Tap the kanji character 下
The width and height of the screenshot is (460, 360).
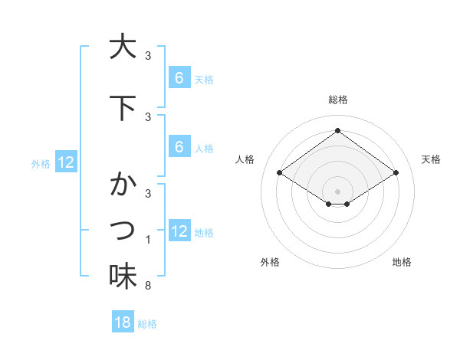pos(123,107)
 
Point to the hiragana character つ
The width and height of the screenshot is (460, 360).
pos(123,230)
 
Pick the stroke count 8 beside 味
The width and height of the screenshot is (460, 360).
pos(148,286)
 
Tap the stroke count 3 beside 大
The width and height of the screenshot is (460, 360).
pos(148,56)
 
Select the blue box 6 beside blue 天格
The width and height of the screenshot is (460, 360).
pos(179,78)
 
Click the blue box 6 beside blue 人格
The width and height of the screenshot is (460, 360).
pos(179,147)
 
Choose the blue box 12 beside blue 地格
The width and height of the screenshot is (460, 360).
pos(179,231)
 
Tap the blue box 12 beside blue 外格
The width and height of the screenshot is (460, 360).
pos(65,162)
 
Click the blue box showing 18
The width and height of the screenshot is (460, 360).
pos(123,322)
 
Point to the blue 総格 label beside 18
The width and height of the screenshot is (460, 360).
pos(147,323)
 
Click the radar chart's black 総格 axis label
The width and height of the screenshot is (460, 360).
pos(337,100)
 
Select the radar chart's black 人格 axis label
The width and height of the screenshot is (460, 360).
pos(245,159)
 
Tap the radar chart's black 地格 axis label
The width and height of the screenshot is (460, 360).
pos(402,263)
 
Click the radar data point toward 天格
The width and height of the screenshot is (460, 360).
pos(396,173)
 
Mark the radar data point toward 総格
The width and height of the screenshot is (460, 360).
pos(337,130)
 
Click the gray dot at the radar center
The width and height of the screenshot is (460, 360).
pos(337,191)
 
